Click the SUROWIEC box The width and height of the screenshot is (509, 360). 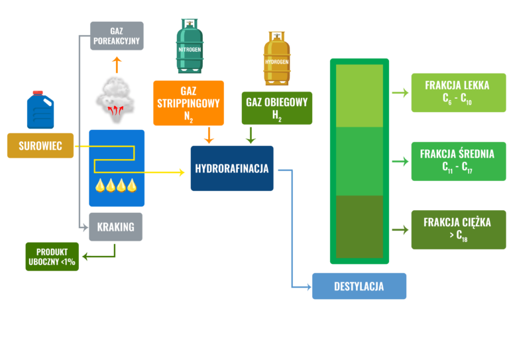pyautogui.click(x=40, y=145)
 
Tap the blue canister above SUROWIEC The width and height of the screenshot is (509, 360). pyautogui.click(x=40, y=110)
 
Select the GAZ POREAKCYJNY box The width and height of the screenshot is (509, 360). pyautogui.click(x=117, y=36)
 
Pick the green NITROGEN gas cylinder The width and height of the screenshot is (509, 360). pyautogui.click(x=190, y=46)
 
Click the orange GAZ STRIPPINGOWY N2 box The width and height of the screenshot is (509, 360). pyautogui.click(x=189, y=103)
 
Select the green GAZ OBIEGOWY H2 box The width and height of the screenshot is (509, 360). pyautogui.click(x=276, y=108)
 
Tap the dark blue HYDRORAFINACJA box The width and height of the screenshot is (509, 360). pyautogui.click(x=232, y=168)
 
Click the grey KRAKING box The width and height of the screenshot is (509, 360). pyautogui.click(x=116, y=227)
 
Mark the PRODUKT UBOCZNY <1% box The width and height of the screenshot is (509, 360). pyautogui.click(x=52, y=257)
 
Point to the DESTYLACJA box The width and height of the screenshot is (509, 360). pyautogui.click(x=359, y=286)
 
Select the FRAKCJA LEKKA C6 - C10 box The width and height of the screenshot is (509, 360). pyautogui.click(x=458, y=93)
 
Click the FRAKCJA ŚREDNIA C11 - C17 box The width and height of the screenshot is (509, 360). pyautogui.click(x=458, y=161)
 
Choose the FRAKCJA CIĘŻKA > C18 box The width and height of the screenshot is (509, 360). pyautogui.click(x=458, y=229)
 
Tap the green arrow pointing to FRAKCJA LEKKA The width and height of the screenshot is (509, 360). pyautogui.click(x=400, y=93)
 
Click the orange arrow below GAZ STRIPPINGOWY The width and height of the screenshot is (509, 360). pyautogui.click(x=209, y=135)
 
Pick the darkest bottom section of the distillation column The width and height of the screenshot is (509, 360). pyautogui.click(x=359, y=227)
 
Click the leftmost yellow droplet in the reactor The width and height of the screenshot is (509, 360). pyautogui.click(x=100, y=185)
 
